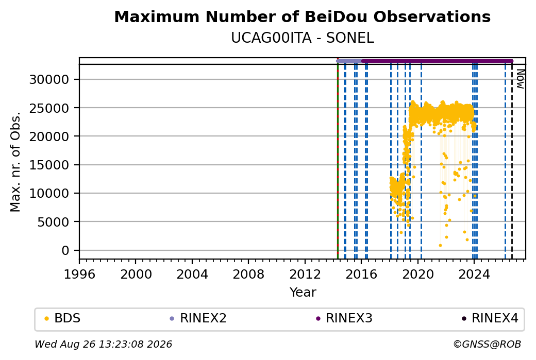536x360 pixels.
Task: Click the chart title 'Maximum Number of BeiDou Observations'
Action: (302, 16)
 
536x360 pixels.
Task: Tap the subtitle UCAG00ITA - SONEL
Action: (303, 38)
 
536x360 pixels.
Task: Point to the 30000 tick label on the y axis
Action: (49, 80)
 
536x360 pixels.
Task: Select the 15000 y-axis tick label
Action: (49, 165)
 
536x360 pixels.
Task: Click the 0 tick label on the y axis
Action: (65, 250)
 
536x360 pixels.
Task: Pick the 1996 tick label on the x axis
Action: (79, 275)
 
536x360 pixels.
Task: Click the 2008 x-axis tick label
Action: (248, 275)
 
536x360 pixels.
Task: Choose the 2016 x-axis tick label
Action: (361, 275)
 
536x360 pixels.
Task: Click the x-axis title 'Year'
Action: (303, 293)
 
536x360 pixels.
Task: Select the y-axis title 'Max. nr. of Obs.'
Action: (15, 162)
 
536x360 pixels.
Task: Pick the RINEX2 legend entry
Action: (198, 318)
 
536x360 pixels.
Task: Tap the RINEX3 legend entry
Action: (344, 318)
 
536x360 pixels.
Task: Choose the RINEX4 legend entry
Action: (490, 318)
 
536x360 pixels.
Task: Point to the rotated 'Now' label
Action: (520, 79)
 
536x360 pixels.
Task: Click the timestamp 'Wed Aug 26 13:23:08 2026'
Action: (104, 344)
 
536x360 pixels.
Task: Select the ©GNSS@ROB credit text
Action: (488, 344)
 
